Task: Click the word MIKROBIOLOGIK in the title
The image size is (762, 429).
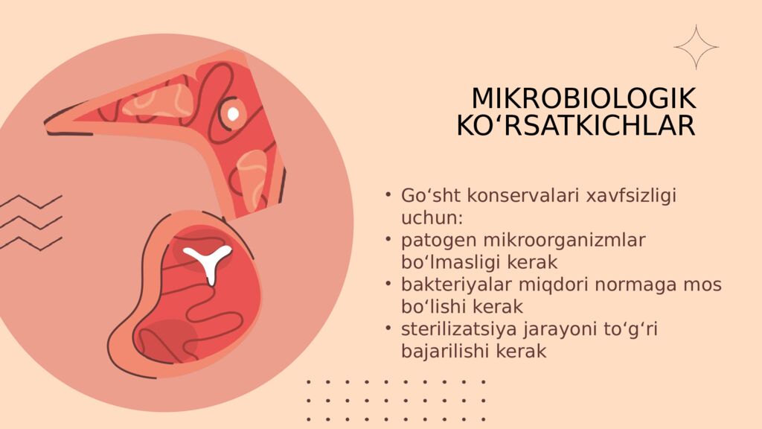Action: [583, 99]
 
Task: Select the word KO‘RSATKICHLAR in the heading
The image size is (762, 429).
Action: [576, 126]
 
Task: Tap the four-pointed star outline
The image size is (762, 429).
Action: [696, 47]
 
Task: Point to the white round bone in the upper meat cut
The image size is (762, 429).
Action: [233, 113]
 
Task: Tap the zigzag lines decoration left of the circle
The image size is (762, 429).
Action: [30, 222]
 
